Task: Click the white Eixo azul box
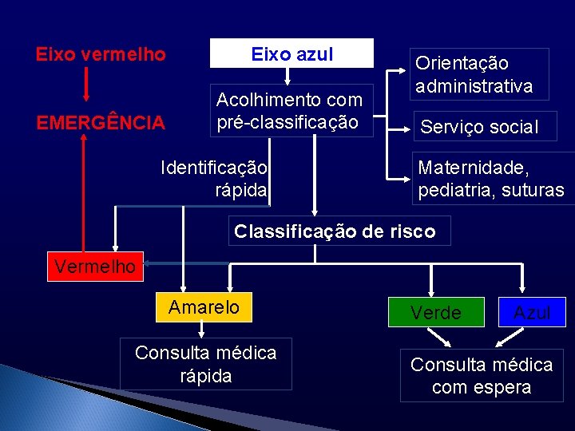[x=291, y=53]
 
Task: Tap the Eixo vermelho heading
[x=101, y=55]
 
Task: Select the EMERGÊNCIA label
[x=101, y=123]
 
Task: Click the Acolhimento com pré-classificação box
[x=291, y=111]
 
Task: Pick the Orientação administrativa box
[x=480, y=74]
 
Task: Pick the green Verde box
[x=436, y=312]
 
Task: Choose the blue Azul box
[x=532, y=312]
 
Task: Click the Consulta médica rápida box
[x=206, y=364]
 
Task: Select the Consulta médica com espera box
[x=482, y=375]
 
